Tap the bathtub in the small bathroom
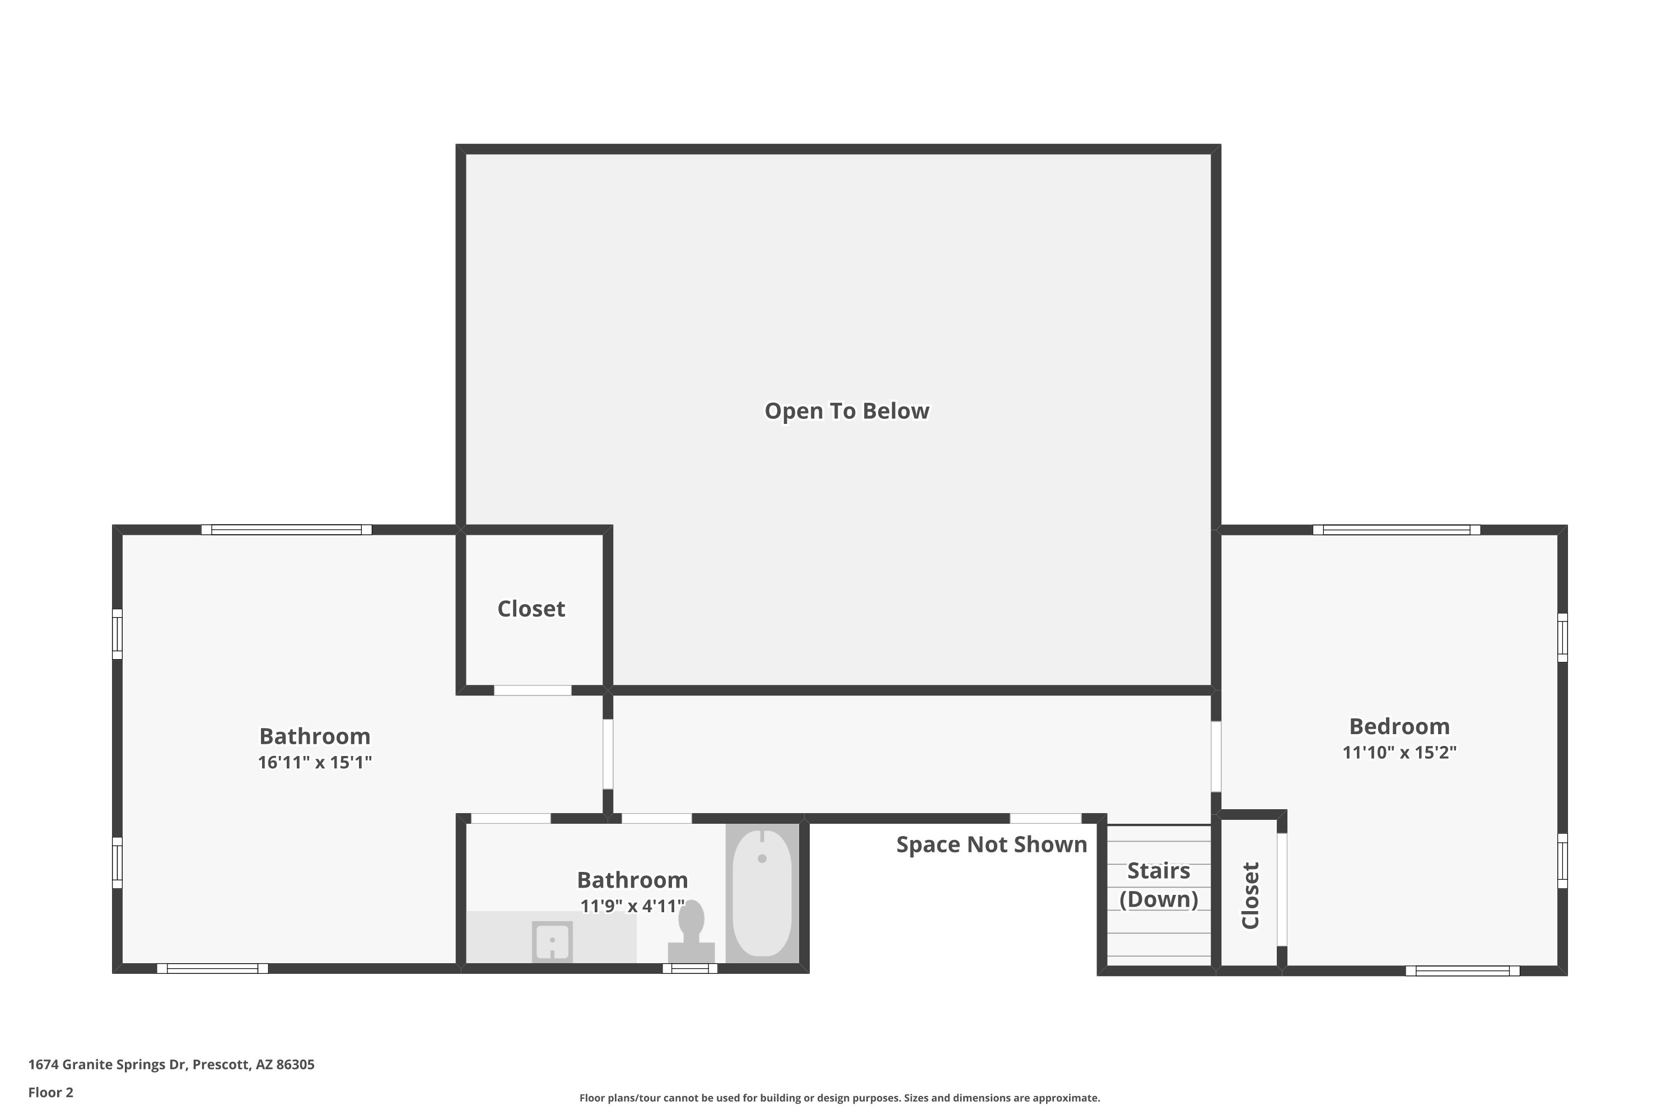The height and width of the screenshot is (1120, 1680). point(762,893)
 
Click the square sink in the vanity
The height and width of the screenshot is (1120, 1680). point(552,941)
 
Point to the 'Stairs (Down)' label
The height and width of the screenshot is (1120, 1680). point(1159,884)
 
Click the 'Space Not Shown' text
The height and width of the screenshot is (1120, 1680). point(991,844)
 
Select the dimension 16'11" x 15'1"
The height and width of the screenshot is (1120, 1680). point(315,762)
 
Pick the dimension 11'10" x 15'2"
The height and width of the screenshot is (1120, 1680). point(1399,752)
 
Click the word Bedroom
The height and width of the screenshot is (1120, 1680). point(1399,726)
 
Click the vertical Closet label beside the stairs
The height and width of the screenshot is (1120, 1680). point(1250,895)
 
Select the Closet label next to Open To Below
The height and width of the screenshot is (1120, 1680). point(531,609)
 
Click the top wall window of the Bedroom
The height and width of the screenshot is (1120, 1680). point(1397,529)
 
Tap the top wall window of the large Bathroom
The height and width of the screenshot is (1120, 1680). point(286,529)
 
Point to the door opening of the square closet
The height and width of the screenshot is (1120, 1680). point(533,690)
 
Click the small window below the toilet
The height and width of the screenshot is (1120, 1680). point(690,969)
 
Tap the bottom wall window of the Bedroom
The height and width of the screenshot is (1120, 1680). point(1462,970)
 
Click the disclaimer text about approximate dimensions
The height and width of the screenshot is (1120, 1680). point(839,1098)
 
